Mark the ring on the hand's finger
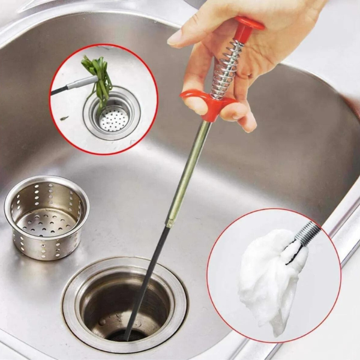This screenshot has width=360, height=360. (x=245, y=74)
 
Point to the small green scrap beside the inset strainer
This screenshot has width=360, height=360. (x=64, y=118)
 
